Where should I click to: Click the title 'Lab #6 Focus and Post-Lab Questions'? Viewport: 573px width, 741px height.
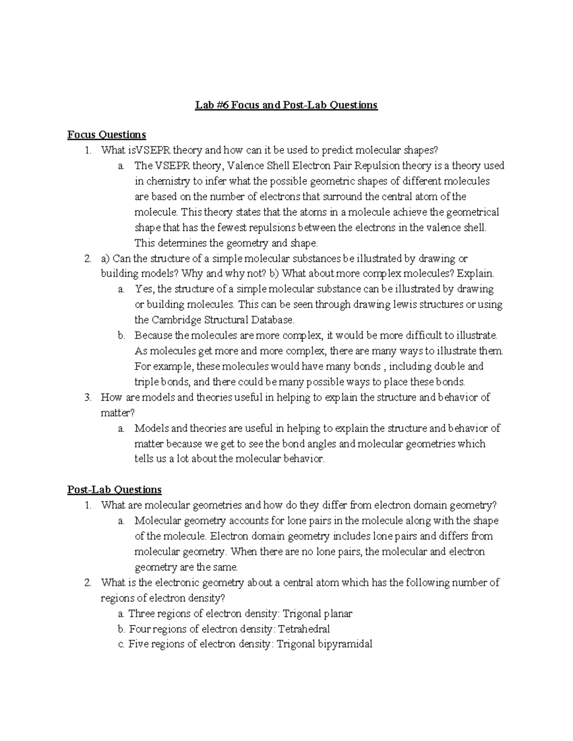[286, 105]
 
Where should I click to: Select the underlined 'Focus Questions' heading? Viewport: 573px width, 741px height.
[106, 135]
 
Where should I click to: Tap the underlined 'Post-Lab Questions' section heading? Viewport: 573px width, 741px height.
[114, 490]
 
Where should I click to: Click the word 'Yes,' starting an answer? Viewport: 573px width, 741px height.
[145, 289]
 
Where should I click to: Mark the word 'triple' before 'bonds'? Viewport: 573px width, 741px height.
[146, 382]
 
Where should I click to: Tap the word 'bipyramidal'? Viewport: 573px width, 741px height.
[344, 644]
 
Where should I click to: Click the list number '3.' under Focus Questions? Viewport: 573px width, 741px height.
[87, 397]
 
